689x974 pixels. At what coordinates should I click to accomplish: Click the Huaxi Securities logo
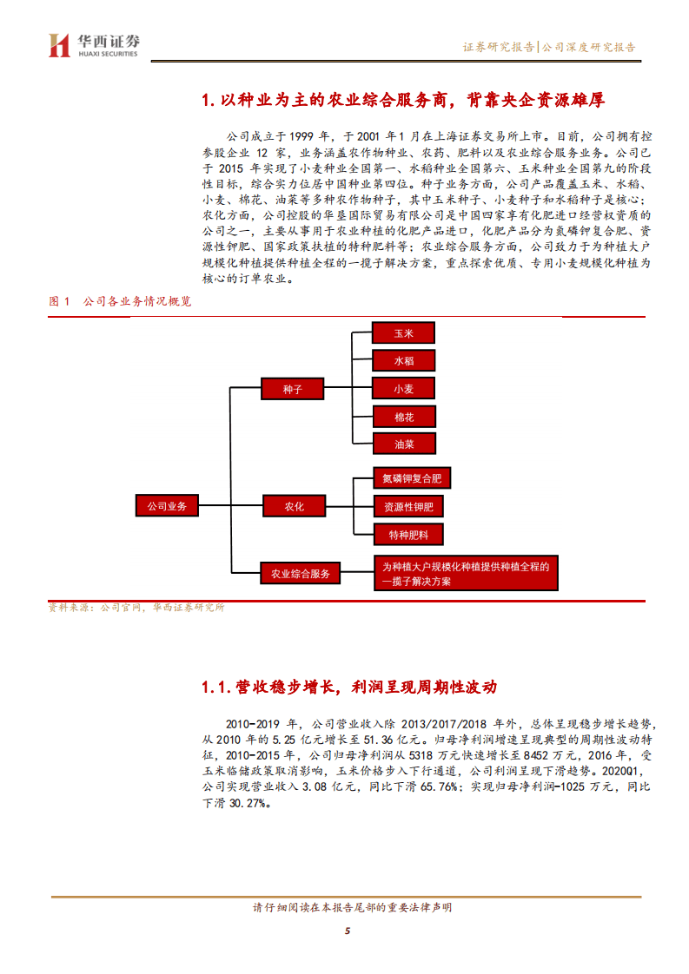click(x=94, y=44)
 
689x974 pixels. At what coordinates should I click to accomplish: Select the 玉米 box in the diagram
click(x=403, y=333)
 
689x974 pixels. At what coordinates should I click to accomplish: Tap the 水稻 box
click(x=403, y=361)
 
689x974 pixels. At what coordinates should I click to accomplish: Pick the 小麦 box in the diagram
click(x=403, y=389)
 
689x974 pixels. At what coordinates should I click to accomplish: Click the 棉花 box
click(x=403, y=417)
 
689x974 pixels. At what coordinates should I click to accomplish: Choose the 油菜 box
click(x=403, y=444)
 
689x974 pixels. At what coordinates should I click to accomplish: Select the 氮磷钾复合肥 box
click(x=413, y=478)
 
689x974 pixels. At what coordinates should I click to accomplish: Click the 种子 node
click(x=293, y=390)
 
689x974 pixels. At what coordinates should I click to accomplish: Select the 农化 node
click(x=293, y=506)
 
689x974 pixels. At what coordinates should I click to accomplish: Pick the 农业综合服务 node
click(x=300, y=573)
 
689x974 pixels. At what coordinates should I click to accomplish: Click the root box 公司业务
click(x=167, y=505)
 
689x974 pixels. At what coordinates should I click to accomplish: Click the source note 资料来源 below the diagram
click(x=136, y=608)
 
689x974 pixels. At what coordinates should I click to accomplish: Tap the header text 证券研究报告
click(x=498, y=48)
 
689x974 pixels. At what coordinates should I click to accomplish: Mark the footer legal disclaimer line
click(x=351, y=908)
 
